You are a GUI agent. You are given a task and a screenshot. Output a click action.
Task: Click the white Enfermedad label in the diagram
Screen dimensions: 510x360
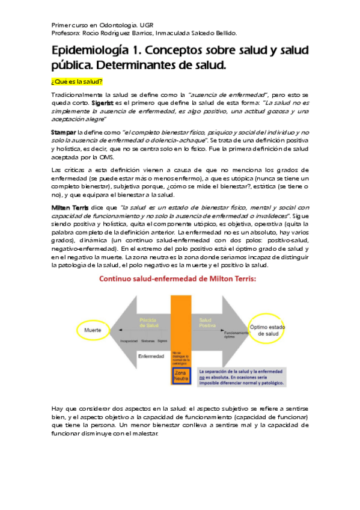point(151,356)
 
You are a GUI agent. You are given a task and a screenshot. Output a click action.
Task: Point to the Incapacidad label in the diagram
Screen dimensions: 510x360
point(130,340)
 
